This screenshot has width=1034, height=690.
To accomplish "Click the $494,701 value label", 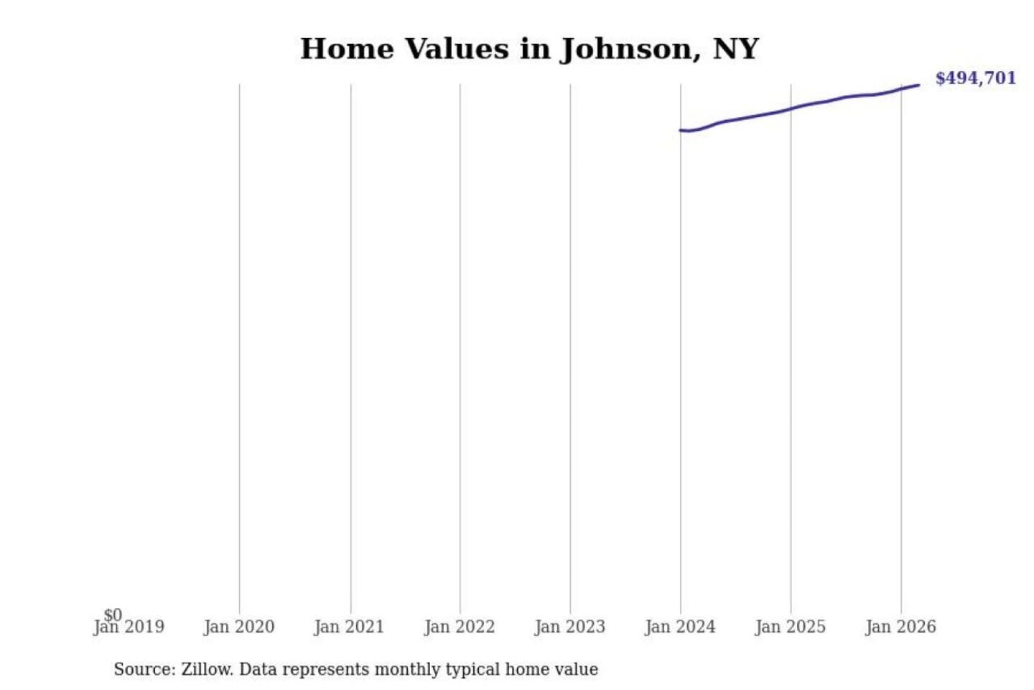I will pos(975,78).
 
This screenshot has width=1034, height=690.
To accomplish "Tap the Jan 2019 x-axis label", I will pos(129,627).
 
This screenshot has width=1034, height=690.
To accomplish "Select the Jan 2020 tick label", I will pos(239,627).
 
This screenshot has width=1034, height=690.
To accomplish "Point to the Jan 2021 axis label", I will pos(350,627).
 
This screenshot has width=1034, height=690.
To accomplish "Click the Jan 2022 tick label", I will pos(460,627).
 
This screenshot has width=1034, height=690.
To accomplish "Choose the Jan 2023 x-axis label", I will pos(570,627).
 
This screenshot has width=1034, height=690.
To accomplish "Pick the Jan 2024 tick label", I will pos(680,627).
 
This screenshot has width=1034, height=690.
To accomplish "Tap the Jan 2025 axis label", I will pos(791,627).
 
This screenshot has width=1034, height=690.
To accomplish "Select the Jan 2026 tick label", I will pos(900,627).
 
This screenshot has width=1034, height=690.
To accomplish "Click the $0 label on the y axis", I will pos(113,615).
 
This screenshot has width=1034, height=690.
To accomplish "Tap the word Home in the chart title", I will pos(347,50).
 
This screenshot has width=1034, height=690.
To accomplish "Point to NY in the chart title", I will pos(735,50).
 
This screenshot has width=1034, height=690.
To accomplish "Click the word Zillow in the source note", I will pos(206,669).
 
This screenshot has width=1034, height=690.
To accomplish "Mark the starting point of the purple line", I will pos(680,130).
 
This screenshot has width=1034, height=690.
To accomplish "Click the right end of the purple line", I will pos(918,86).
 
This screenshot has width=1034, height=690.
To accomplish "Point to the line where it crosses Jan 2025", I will pos(791,109).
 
